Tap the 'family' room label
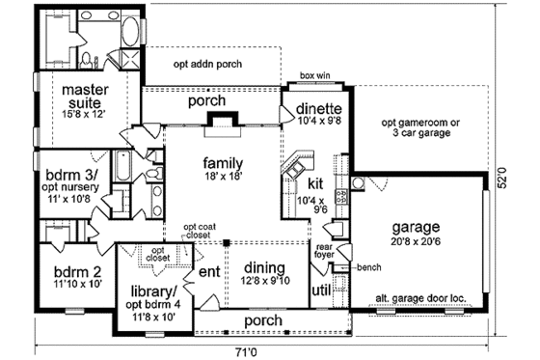tap(222, 170)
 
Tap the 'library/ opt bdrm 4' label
tap(154, 297)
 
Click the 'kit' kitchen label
tap(313, 183)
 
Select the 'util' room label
tap(320, 290)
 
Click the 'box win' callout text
tap(315, 74)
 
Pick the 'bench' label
tap(367, 265)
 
